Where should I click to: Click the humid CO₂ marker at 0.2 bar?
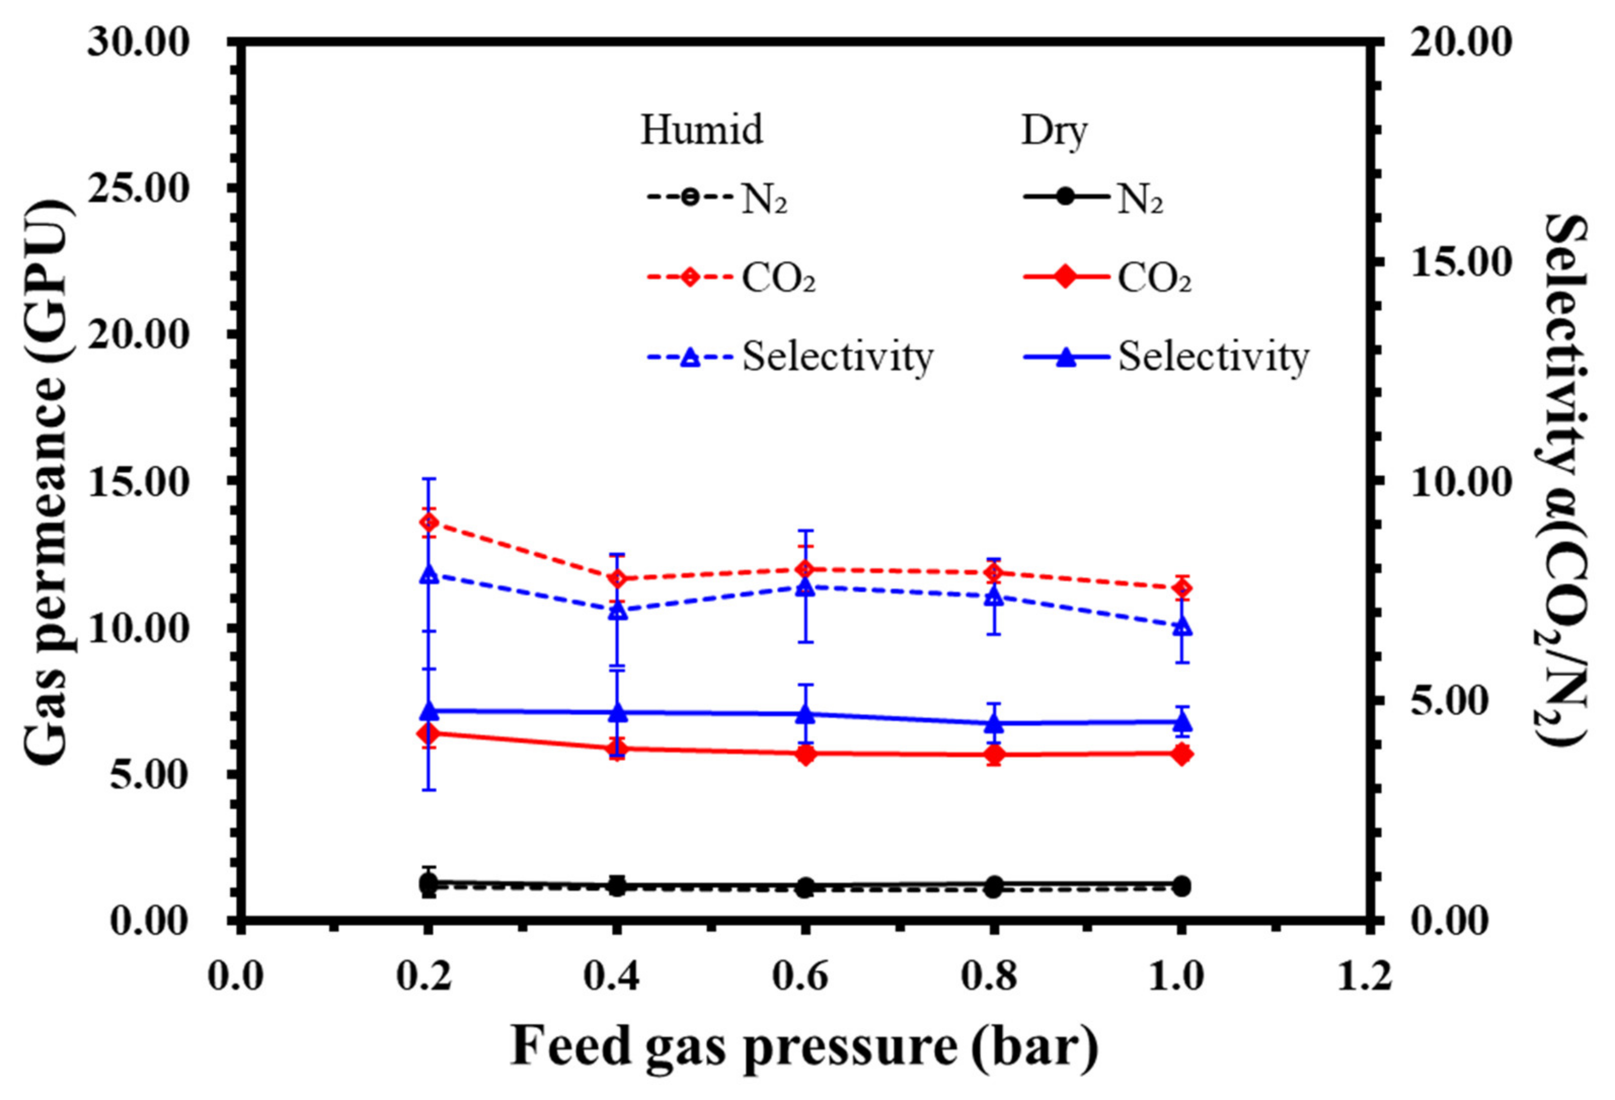(430, 522)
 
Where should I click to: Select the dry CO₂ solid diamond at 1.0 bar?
(1181, 754)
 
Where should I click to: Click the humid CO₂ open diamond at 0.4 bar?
(617, 578)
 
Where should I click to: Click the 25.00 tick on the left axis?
(138, 189)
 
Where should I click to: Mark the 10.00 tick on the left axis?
(138, 630)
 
